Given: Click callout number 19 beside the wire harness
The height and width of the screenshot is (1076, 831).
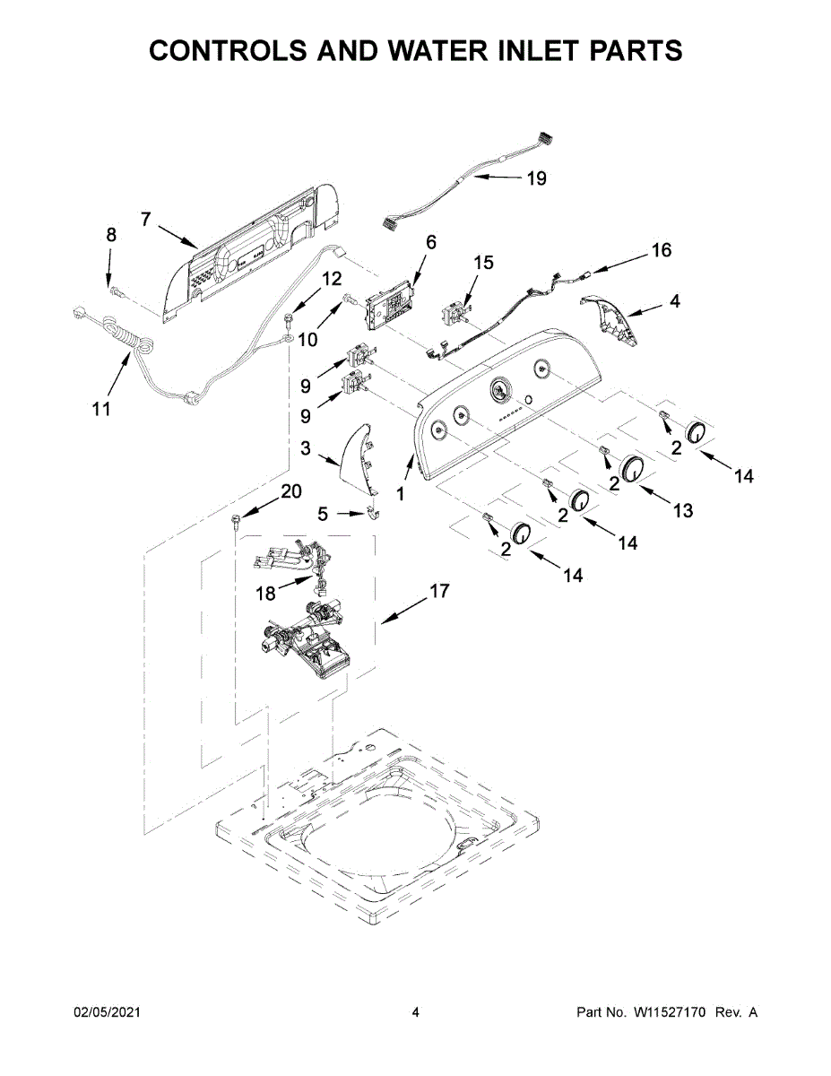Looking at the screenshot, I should tap(535, 178).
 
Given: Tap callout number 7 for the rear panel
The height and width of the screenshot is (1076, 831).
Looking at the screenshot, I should tap(146, 218).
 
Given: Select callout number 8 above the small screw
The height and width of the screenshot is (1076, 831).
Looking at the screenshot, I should tap(111, 236).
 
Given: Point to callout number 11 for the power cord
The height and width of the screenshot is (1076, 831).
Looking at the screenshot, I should tap(101, 409).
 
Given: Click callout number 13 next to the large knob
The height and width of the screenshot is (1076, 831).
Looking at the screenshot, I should tap(683, 510).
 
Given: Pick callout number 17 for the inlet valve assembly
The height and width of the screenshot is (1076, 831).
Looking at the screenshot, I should tap(438, 591).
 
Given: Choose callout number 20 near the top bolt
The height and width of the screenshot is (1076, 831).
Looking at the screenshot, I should tap(291, 491).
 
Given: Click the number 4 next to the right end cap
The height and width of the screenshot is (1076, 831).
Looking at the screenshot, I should tap(674, 301).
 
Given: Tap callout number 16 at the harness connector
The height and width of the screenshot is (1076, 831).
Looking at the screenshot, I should tap(661, 250).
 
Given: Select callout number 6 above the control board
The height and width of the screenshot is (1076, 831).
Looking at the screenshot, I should tap(430, 242).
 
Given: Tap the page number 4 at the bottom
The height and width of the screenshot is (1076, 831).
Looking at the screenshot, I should tap(415, 1012).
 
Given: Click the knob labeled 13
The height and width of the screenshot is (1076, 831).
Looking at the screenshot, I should tap(633, 468).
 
